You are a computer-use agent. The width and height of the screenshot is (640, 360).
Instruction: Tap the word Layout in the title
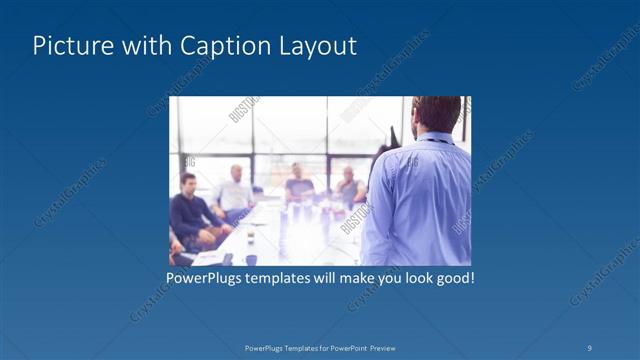pyautogui.click(x=317, y=46)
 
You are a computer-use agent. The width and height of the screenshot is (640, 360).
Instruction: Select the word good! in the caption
pyautogui.click(x=453, y=277)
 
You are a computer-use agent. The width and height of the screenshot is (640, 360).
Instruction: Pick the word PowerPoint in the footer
pyautogui.click(x=347, y=347)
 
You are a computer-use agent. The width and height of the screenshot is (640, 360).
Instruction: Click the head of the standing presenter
pyautogui.click(x=436, y=114)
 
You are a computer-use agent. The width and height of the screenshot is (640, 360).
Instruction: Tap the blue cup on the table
pyautogui.click(x=250, y=258)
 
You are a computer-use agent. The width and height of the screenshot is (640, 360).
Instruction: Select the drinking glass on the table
pyautogui.click(x=249, y=238)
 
